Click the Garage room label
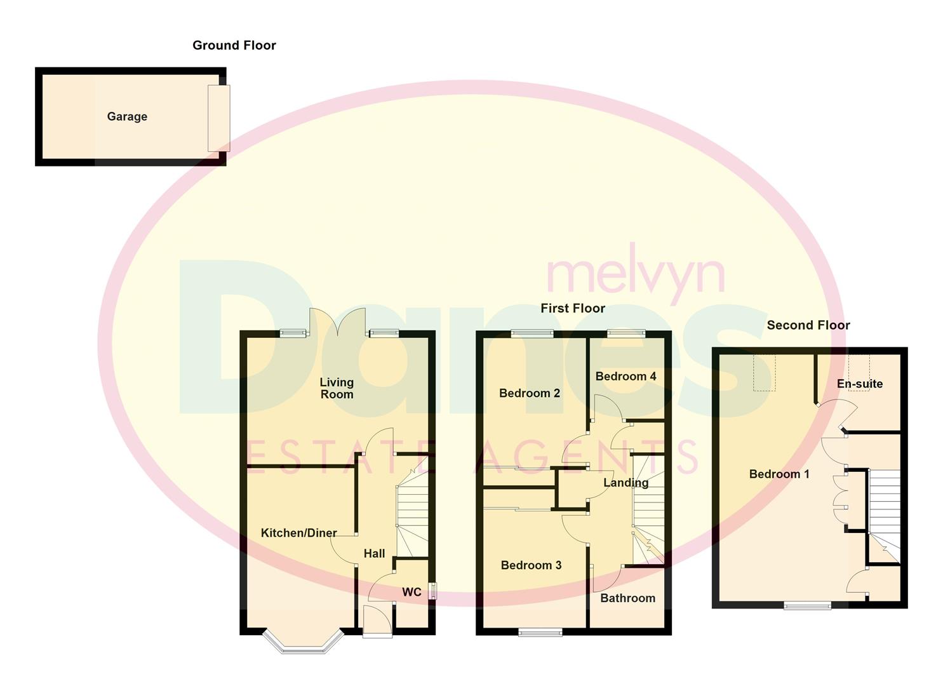tap(127, 116)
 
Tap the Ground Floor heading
tap(234, 45)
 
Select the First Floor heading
tap(572, 308)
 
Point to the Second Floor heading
tap(808, 325)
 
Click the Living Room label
tap(337, 388)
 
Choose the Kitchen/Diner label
tap(298, 533)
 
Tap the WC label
tap(411, 592)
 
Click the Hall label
tap(374, 553)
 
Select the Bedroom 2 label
tap(529, 393)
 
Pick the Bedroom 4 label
tap(625, 376)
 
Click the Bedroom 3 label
tap(531, 565)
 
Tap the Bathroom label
tap(627, 598)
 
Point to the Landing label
tap(625, 483)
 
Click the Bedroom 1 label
tap(779, 474)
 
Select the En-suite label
tap(859, 384)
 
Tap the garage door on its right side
tap(218, 118)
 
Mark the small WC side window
tap(432, 591)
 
